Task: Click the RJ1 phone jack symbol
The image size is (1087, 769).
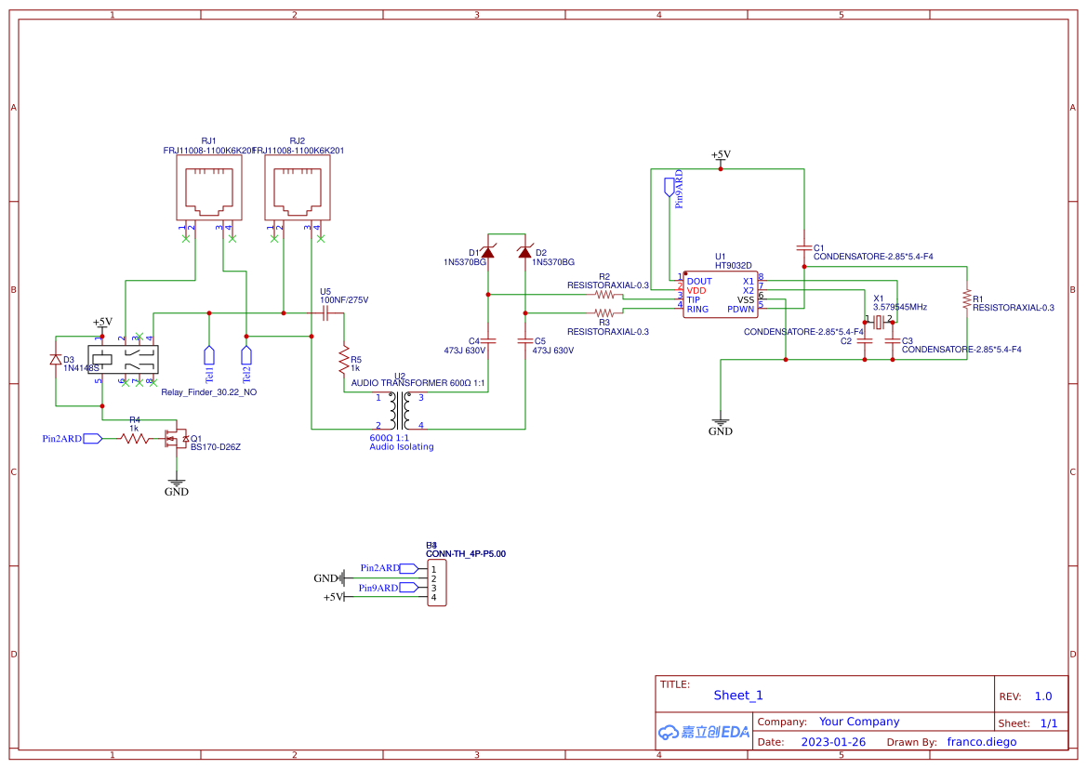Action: click(209, 190)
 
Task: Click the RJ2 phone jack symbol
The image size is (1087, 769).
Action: click(297, 190)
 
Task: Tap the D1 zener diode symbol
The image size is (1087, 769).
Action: click(488, 252)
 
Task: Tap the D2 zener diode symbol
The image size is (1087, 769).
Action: click(524, 252)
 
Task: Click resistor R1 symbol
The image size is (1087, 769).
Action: click(967, 299)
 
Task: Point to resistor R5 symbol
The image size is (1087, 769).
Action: click(344, 358)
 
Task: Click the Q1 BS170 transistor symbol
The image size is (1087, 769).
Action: click(174, 438)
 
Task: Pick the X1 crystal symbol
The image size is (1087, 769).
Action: click(879, 322)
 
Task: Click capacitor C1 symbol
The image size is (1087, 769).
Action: click(803, 248)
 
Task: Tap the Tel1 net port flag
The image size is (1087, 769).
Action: click(209, 355)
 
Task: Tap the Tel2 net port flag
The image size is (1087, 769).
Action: click(246, 355)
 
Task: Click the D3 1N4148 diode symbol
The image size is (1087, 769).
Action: click(56, 360)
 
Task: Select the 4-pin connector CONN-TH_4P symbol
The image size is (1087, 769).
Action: click(436, 582)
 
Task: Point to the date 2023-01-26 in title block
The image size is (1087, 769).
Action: click(832, 742)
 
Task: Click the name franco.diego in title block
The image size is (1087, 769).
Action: click(981, 742)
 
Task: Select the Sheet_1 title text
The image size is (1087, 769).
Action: click(737, 696)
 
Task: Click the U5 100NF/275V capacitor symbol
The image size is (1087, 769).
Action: click(325, 313)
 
